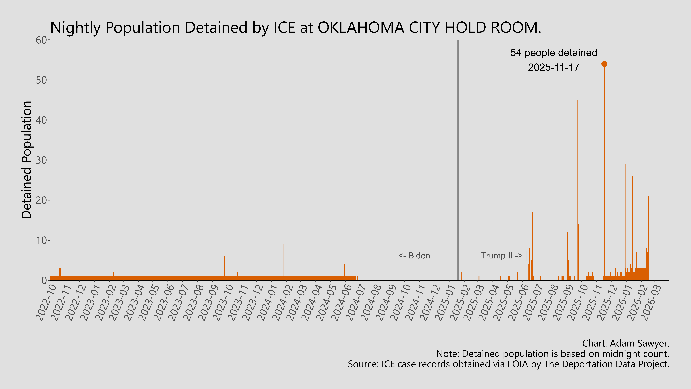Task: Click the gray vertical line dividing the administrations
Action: point(458,161)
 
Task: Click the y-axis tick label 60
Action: point(41,40)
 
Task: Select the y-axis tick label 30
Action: point(41,160)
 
